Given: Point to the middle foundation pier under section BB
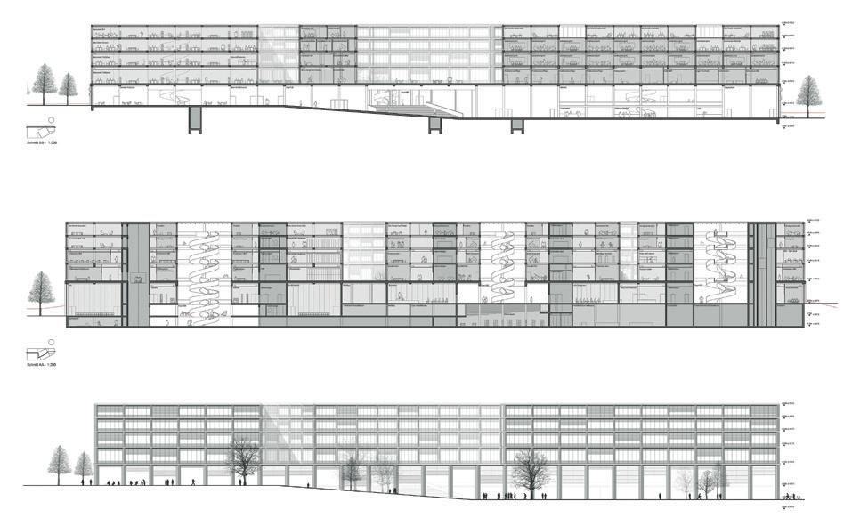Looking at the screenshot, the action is click(x=435, y=124).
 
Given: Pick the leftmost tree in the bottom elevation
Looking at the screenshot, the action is click(x=60, y=461).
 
